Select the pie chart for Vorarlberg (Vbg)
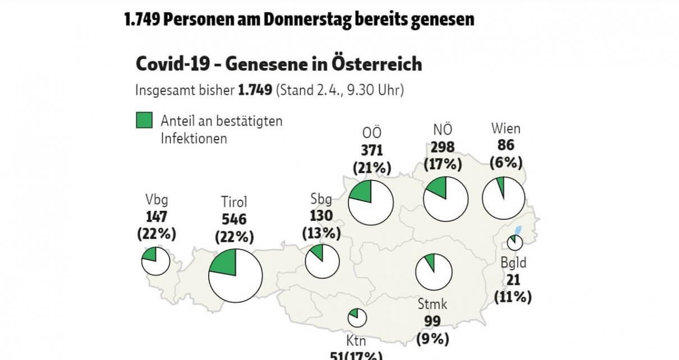coord(155,261)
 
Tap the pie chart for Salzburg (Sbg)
coord(322,261)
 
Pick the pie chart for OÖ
coord(370,202)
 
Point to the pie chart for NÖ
coord(446,199)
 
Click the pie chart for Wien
coord(504,199)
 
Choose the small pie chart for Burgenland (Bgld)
coord(515,243)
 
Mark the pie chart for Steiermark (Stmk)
coord(434,272)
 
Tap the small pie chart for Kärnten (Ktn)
coord(357,317)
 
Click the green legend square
coord(144,121)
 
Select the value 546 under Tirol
coord(234,220)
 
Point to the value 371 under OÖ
coord(371,150)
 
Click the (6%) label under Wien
coord(506,163)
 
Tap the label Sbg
coord(321,200)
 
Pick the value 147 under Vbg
coord(157,217)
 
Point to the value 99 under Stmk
coord(433,321)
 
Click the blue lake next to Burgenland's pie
coord(518,230)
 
